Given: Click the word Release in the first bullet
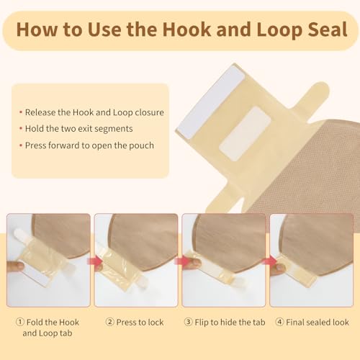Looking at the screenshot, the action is (40, 112).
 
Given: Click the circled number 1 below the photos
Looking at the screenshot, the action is (20, 322).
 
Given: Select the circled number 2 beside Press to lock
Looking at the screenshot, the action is (109, 322).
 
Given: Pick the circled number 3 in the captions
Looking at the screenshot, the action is (188, 322).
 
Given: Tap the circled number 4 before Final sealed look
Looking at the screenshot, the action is (279, 322).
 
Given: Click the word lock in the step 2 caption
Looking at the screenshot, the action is (156, 323).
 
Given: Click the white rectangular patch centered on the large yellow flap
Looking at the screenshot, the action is (245, 134).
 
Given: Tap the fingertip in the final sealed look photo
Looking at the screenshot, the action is (279, 267).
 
